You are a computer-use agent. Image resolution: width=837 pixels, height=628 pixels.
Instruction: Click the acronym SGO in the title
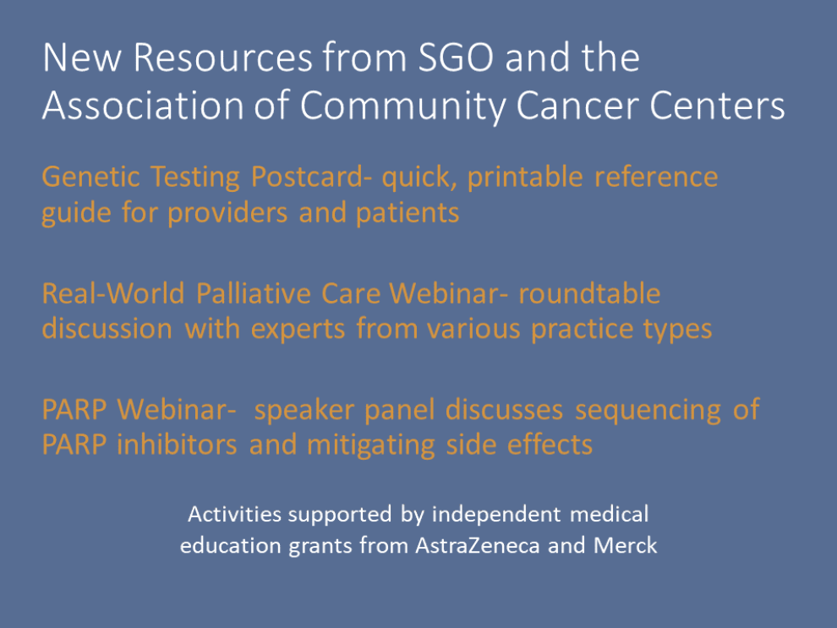456,57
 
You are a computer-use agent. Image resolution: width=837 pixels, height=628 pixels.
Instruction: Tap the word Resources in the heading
222,57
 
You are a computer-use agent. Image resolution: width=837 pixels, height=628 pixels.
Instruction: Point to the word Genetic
90,177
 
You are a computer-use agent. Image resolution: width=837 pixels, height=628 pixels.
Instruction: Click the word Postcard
307,177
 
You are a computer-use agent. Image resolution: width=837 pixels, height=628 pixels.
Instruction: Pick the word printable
525,177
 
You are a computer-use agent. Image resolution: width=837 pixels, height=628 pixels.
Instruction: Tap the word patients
408,213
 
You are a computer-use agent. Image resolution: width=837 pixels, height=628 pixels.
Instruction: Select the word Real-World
113,293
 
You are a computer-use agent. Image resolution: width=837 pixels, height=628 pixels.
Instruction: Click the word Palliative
254,293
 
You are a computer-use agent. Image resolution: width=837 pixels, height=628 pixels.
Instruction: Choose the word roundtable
589,293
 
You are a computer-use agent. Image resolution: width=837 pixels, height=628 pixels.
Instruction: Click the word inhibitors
177,445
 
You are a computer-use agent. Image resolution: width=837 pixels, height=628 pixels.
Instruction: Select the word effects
550,445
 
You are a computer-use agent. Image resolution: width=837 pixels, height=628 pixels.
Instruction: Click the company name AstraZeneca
477,545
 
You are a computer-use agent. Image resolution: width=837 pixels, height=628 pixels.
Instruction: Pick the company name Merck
625,545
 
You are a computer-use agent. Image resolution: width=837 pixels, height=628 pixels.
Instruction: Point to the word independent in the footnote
496,515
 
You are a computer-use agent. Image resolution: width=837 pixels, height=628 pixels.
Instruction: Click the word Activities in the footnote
235,515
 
